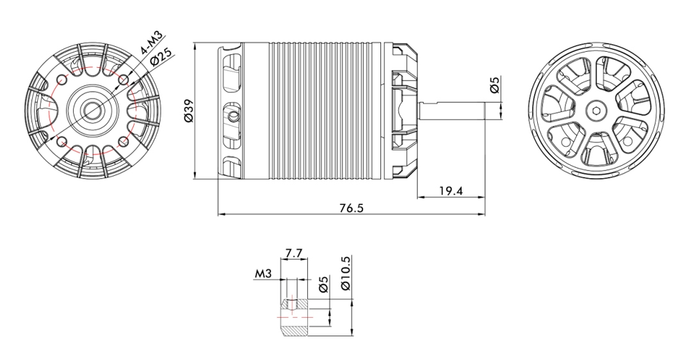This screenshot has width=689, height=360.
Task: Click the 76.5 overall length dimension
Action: (352, 208)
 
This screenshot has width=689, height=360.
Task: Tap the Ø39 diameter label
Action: (188, 111)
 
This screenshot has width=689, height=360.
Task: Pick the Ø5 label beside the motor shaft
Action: (495, 85)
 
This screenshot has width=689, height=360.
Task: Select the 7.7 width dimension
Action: (294, 253)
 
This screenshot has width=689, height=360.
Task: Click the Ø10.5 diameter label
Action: (346, 273)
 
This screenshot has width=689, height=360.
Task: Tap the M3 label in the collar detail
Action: (263, 274)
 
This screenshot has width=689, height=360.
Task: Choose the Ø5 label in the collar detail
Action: (323, 285)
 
